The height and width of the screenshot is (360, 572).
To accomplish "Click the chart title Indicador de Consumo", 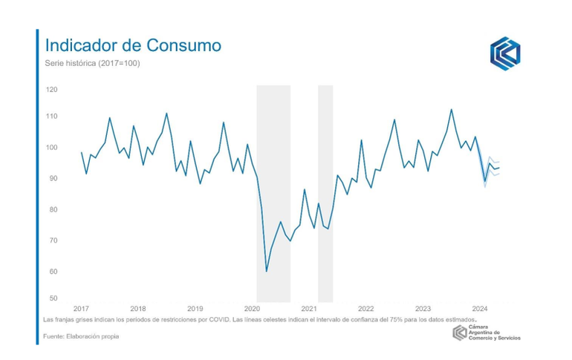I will [x=133, y=45].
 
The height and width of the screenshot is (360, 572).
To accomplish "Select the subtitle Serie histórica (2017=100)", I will [x=92, y=63].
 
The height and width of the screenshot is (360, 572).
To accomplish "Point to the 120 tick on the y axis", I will [x=51, y=90].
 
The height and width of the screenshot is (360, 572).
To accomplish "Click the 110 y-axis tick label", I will [x=51, y=117].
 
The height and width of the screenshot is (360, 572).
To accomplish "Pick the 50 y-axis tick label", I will [x=53, y=298].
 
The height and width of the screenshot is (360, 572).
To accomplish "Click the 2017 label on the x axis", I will [x=81, y=309].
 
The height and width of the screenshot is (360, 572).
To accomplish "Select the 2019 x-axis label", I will [x=195, y=309].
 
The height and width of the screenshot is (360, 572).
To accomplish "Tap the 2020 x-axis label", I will [x=252, y=309].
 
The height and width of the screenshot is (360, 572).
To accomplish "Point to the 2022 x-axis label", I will [x=365, y=309].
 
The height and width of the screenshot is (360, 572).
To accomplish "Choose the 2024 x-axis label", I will [x=480, y=309].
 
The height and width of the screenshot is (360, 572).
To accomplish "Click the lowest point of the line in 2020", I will [x=267, y=271].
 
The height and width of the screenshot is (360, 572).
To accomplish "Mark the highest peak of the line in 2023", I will [x=451, y=110].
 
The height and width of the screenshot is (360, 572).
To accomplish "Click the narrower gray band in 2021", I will [x=325, y=193].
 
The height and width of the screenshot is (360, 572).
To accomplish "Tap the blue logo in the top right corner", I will [x=505, y=53].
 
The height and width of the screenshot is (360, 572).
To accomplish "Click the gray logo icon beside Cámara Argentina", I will [x=460, y=333].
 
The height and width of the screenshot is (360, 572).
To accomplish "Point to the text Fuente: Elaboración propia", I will [x=81, y=336].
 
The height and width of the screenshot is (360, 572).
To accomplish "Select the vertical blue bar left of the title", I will [x=37, y=186].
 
